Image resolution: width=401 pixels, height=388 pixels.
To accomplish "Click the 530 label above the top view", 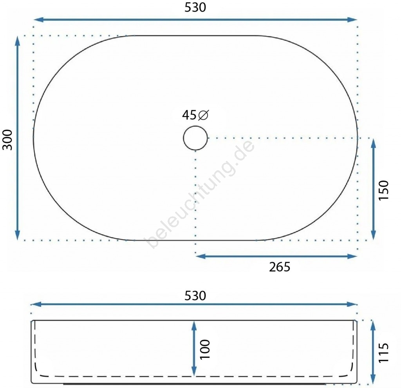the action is click(x=195, y=7).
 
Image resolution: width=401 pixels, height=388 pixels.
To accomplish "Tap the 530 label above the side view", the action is click(x=195, y=296).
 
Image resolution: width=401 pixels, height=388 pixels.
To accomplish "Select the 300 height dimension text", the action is click(x=7, y=140).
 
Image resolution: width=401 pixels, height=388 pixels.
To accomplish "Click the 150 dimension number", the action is click(x=383, y=190).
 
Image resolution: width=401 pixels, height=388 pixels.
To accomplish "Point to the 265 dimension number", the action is click(x=280, y=267).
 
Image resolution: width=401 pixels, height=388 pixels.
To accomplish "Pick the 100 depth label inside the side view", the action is click(x=204, y=350).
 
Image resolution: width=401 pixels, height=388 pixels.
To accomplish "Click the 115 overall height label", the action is click(x=383, y=353).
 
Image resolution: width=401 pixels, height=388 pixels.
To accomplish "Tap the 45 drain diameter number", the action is click(x=189, y=115).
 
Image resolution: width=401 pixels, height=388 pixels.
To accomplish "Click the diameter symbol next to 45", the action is click(x=204, y=115).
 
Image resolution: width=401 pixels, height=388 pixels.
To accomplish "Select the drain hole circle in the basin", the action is click(x=195, y=126).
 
